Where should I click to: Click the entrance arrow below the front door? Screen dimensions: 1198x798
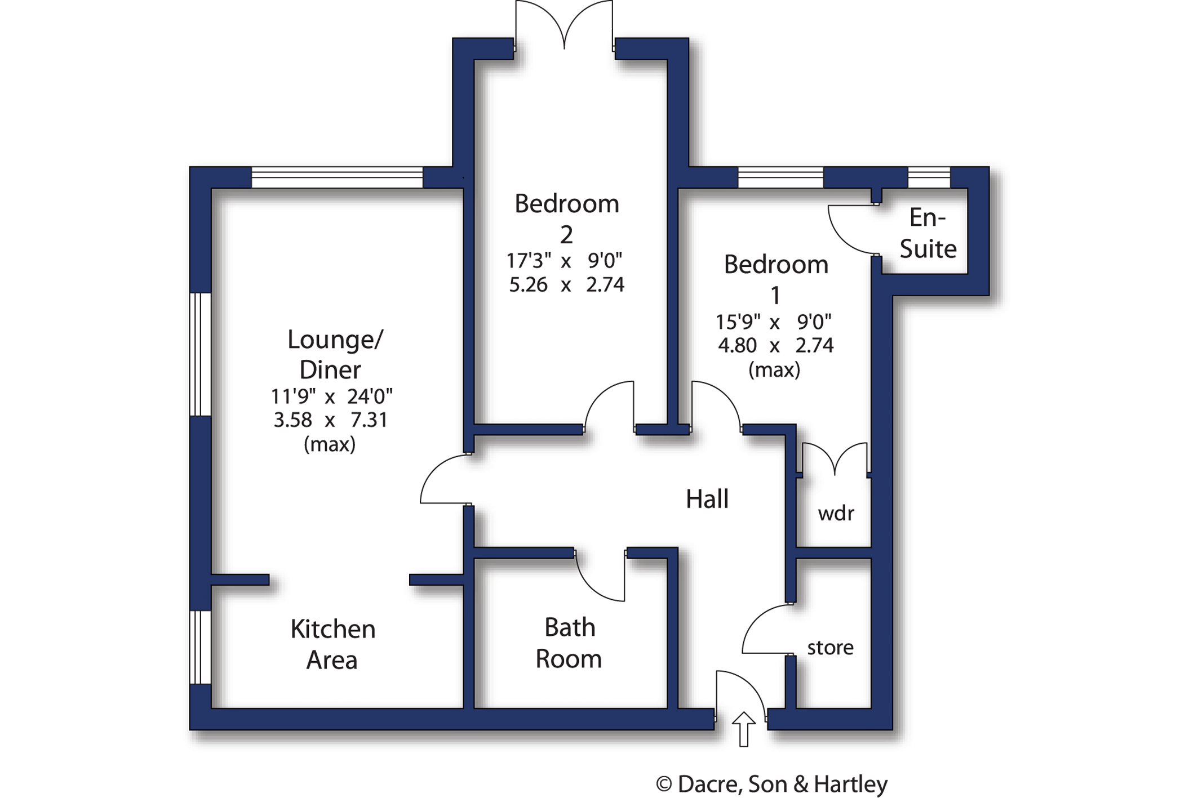click(744, 729)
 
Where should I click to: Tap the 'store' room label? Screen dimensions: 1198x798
click(830, 648)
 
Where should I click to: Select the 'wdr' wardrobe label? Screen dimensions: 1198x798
click(836, 513)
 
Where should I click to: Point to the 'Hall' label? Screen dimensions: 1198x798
click(707, 499)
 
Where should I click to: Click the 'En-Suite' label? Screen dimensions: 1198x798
click(928, 233)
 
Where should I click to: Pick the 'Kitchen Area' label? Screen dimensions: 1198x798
click(332, 644)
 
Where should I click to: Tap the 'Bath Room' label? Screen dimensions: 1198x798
click(569, 643)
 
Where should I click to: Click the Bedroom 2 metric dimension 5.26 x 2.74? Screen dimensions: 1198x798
click(567, 285)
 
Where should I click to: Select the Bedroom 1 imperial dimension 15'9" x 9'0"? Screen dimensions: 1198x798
click(774, 322)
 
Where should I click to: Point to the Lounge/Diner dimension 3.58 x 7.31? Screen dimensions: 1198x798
click(331, 420)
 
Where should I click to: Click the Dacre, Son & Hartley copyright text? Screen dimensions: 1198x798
click(772, 784)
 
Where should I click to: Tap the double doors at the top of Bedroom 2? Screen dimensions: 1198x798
click(564, 25)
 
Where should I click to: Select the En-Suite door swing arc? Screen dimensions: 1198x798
click(845, 237)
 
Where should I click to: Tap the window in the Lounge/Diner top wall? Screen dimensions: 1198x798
click(337, 177)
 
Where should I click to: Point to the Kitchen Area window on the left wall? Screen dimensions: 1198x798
click(200, 647)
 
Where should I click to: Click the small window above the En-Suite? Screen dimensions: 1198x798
click(929, 177)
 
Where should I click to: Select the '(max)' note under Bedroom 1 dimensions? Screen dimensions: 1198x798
click(774, 370)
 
